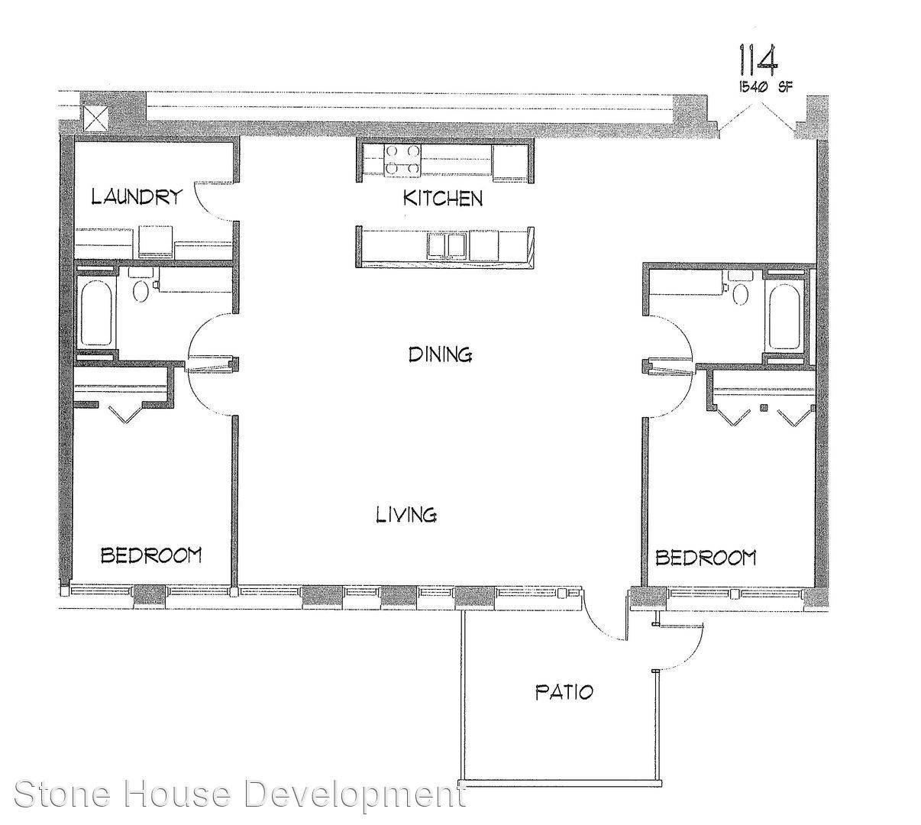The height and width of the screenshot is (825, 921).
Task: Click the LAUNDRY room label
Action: [x=137, y=197]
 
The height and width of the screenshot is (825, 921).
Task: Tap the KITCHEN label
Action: [x=443, y=199]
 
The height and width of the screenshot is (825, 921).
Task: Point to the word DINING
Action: [x=440, y=354]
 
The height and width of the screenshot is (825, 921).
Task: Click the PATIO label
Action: [x=564, y=692]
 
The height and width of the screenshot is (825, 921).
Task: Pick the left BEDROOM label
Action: [x=151, y=555]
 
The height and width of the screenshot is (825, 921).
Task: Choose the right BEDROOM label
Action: [x=706, y=557]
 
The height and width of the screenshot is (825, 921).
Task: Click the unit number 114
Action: [x=758, y=60]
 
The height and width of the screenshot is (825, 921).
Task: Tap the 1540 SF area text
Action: [x=765, y=87]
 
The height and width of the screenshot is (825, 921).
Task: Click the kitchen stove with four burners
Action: [x=402, y=159]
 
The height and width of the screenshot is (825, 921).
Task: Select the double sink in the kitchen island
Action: [x=448, y=245]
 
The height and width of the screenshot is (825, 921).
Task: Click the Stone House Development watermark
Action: [x=240, y=794]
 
